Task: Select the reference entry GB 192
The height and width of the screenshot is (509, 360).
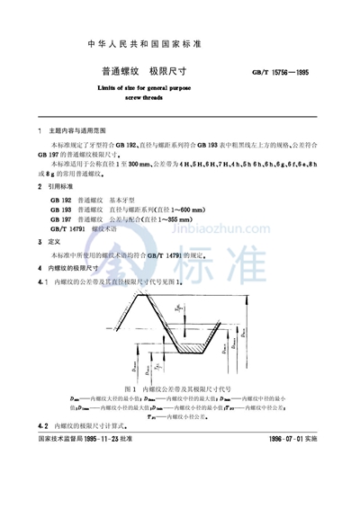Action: point(54,198)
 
